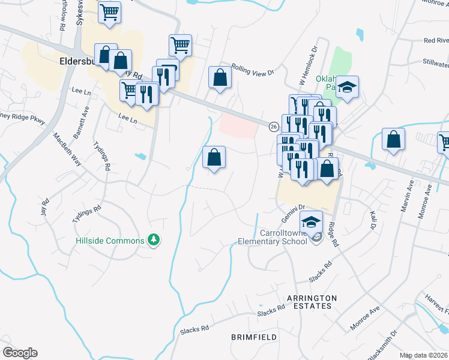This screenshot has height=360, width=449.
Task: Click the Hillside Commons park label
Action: point(110,241)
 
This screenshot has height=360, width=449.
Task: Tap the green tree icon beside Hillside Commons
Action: point(155,240)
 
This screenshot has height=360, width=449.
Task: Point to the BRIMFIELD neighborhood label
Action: point(254,337)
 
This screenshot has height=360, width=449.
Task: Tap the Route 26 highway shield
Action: point(273,127)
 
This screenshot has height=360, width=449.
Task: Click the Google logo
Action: point(20,353)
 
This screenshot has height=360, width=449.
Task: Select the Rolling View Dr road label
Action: point(252,71)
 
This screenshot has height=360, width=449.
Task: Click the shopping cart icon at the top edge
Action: point(109,11)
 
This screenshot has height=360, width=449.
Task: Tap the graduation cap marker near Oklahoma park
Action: point(347,88)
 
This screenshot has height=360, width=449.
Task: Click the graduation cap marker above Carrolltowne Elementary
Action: point(311,222)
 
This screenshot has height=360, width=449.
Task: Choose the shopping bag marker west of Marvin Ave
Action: point(393,140)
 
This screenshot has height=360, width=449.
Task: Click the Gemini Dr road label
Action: point(294,206)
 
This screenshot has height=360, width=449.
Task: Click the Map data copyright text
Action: point(424,355)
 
